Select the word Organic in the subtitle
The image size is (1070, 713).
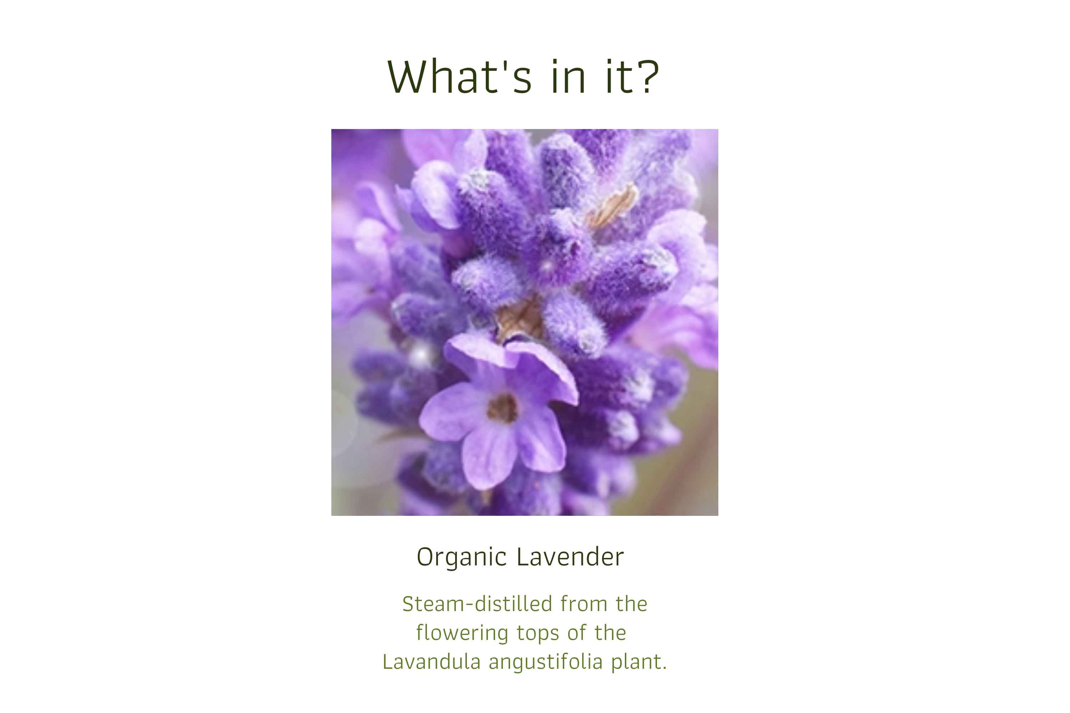tap(461, 558)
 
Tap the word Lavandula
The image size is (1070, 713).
tap(431, 662)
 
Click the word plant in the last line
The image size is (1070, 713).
tap(636, 662)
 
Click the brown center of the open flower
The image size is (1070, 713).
tap(502, 408)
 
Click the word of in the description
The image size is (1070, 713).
tap(576, 634)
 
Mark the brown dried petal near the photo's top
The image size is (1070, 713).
tap(612, 207)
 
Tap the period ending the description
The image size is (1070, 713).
tap(665, 667)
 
